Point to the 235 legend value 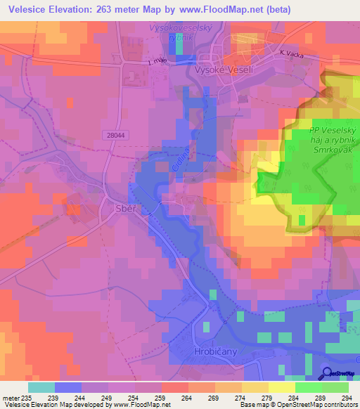27,398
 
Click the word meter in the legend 11,398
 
